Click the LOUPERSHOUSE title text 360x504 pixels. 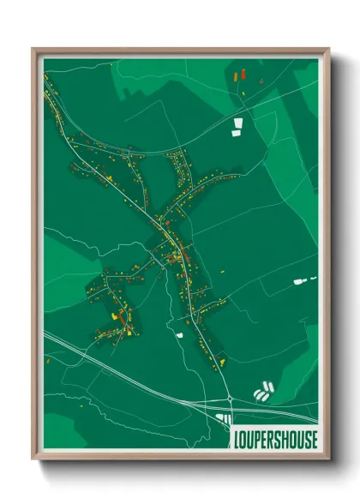[274, 438]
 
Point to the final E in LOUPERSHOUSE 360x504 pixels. [313, 438]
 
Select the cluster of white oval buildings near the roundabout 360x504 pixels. [263, 393]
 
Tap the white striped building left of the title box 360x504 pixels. [225, 418]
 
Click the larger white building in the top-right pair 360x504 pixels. [237, 132]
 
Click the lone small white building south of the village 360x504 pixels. [181, 335]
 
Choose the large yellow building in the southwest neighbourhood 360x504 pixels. [111, 315]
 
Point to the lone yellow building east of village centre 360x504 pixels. [223, 273]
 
